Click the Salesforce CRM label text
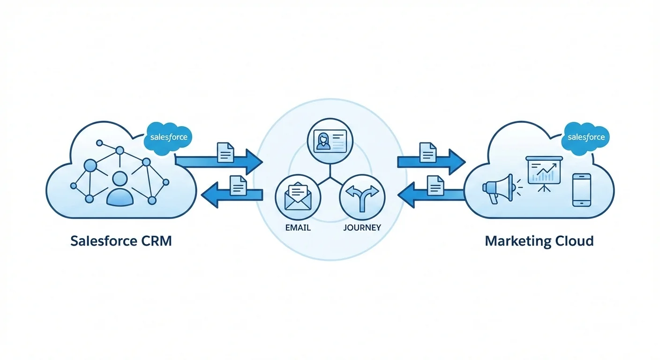coord(121,241)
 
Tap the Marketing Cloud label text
coord(539,241)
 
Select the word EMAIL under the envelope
coord(298,228)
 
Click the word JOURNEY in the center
coord(362,228)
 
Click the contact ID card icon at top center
coord(330,140)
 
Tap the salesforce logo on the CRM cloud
coord(169,137)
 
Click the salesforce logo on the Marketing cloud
coord(586,137)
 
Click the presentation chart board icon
coord(544,173)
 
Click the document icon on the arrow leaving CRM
coord(225,152)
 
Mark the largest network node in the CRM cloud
coord(90,165)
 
